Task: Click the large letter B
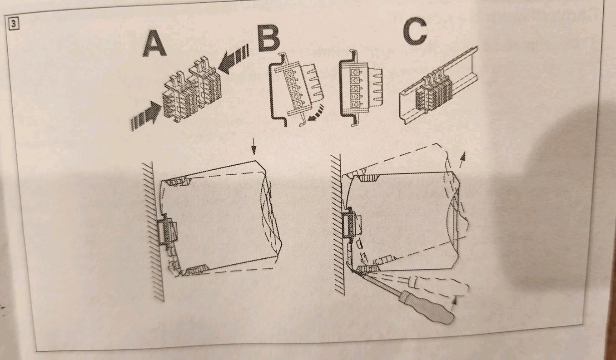click(x=268, y=39)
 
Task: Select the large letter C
click(x=415, y=32)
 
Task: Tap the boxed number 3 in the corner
click(x=14, y=24)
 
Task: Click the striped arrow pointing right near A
click(x=146, y=115)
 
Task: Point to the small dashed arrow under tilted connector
click(x=316, y=114)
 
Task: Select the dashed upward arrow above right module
click(x=462, y=159)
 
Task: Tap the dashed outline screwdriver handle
click(x=440, y=286)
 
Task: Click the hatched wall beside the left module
click(x=152, y=231)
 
